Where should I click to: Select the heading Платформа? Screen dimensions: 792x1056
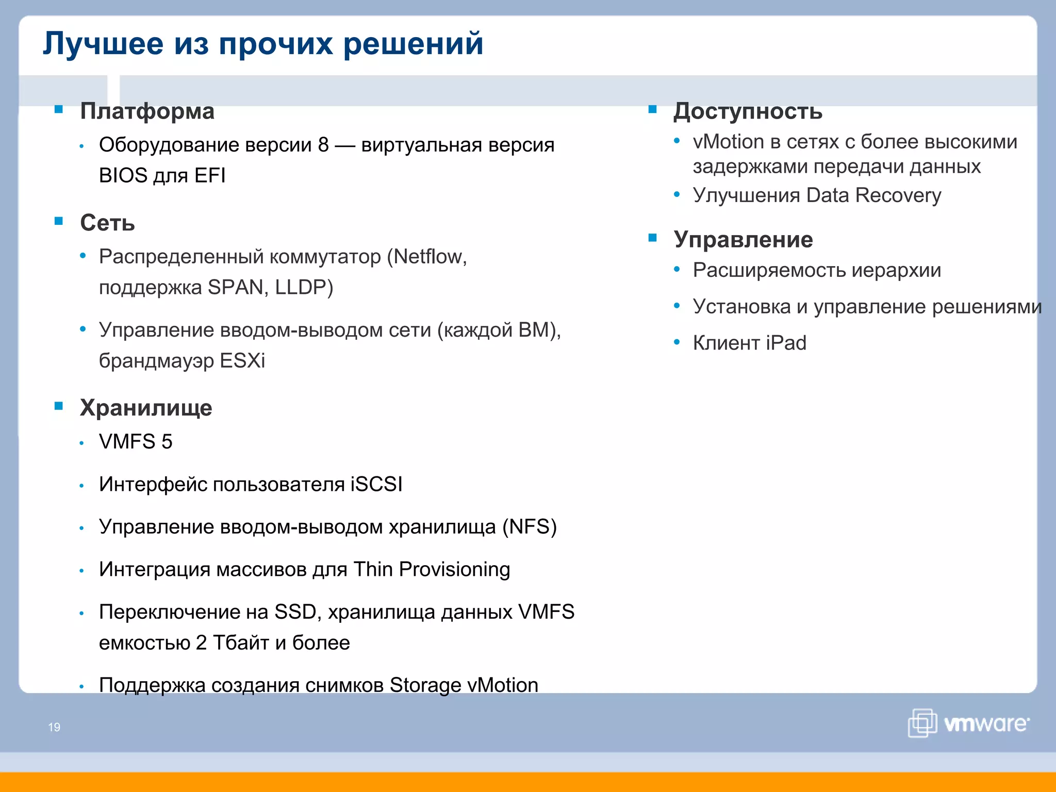click(x=147, y=111)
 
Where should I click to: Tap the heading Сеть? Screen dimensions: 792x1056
click(x=107, y=223)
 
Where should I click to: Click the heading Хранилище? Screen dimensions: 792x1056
click(x=146, y=408)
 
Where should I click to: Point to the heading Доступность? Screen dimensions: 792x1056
click(x=748, y=111)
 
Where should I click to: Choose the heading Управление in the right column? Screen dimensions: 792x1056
click(x=743, y=240)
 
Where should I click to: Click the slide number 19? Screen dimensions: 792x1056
click(x=54, y=727)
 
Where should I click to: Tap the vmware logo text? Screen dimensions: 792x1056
click(x=986, y=724)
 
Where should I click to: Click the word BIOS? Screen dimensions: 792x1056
click(x=123, y=176)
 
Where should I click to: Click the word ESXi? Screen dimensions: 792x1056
click(x=242, y=360)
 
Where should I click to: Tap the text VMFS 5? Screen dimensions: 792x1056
click(x=136, y=442)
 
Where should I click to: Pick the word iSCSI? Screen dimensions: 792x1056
click(x=376, y=484)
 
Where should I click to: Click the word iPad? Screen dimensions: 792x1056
click(x=786, y=343)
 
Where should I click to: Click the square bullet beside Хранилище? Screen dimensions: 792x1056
click(x=59, y=406)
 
